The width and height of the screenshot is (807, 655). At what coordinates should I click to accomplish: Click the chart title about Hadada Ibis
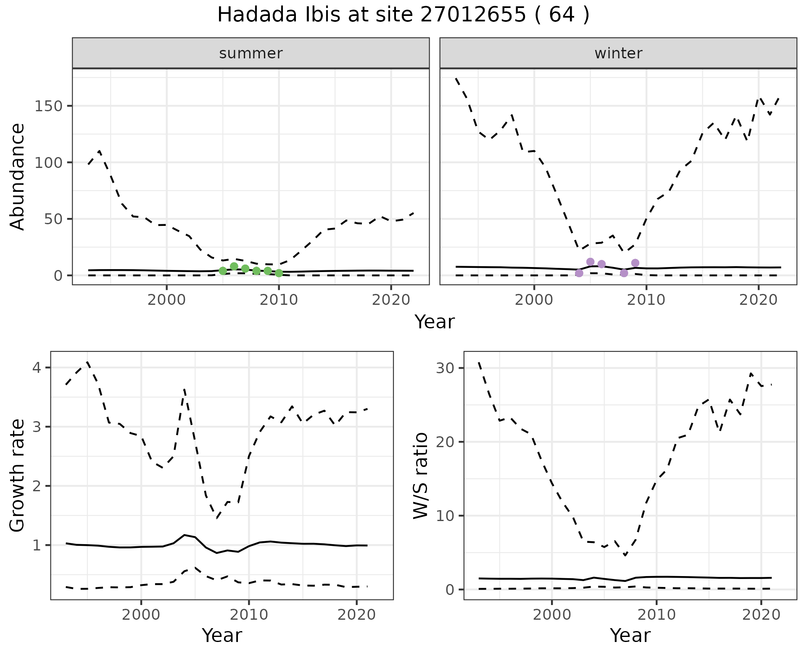click(x=403, y=15)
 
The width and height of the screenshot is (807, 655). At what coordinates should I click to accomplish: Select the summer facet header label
click(x=251, y=53)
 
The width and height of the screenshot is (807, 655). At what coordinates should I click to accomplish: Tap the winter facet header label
click(x=618, y=53)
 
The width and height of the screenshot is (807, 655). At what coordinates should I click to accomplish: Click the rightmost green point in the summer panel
click(x=279, y=273)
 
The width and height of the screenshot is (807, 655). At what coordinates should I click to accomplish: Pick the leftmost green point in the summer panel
click(x=223, y=271)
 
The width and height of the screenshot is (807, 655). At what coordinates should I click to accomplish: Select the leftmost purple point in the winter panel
click(x=579, y=273)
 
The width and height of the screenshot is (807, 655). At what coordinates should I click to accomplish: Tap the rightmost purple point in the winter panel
click(x=635, y=263)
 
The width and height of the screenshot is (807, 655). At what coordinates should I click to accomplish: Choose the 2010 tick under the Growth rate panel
click(x=249, y=615)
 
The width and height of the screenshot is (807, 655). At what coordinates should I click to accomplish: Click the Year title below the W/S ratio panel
click(x=630, y=635)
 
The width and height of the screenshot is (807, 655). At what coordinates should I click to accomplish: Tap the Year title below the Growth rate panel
click(x=222, y=635)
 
